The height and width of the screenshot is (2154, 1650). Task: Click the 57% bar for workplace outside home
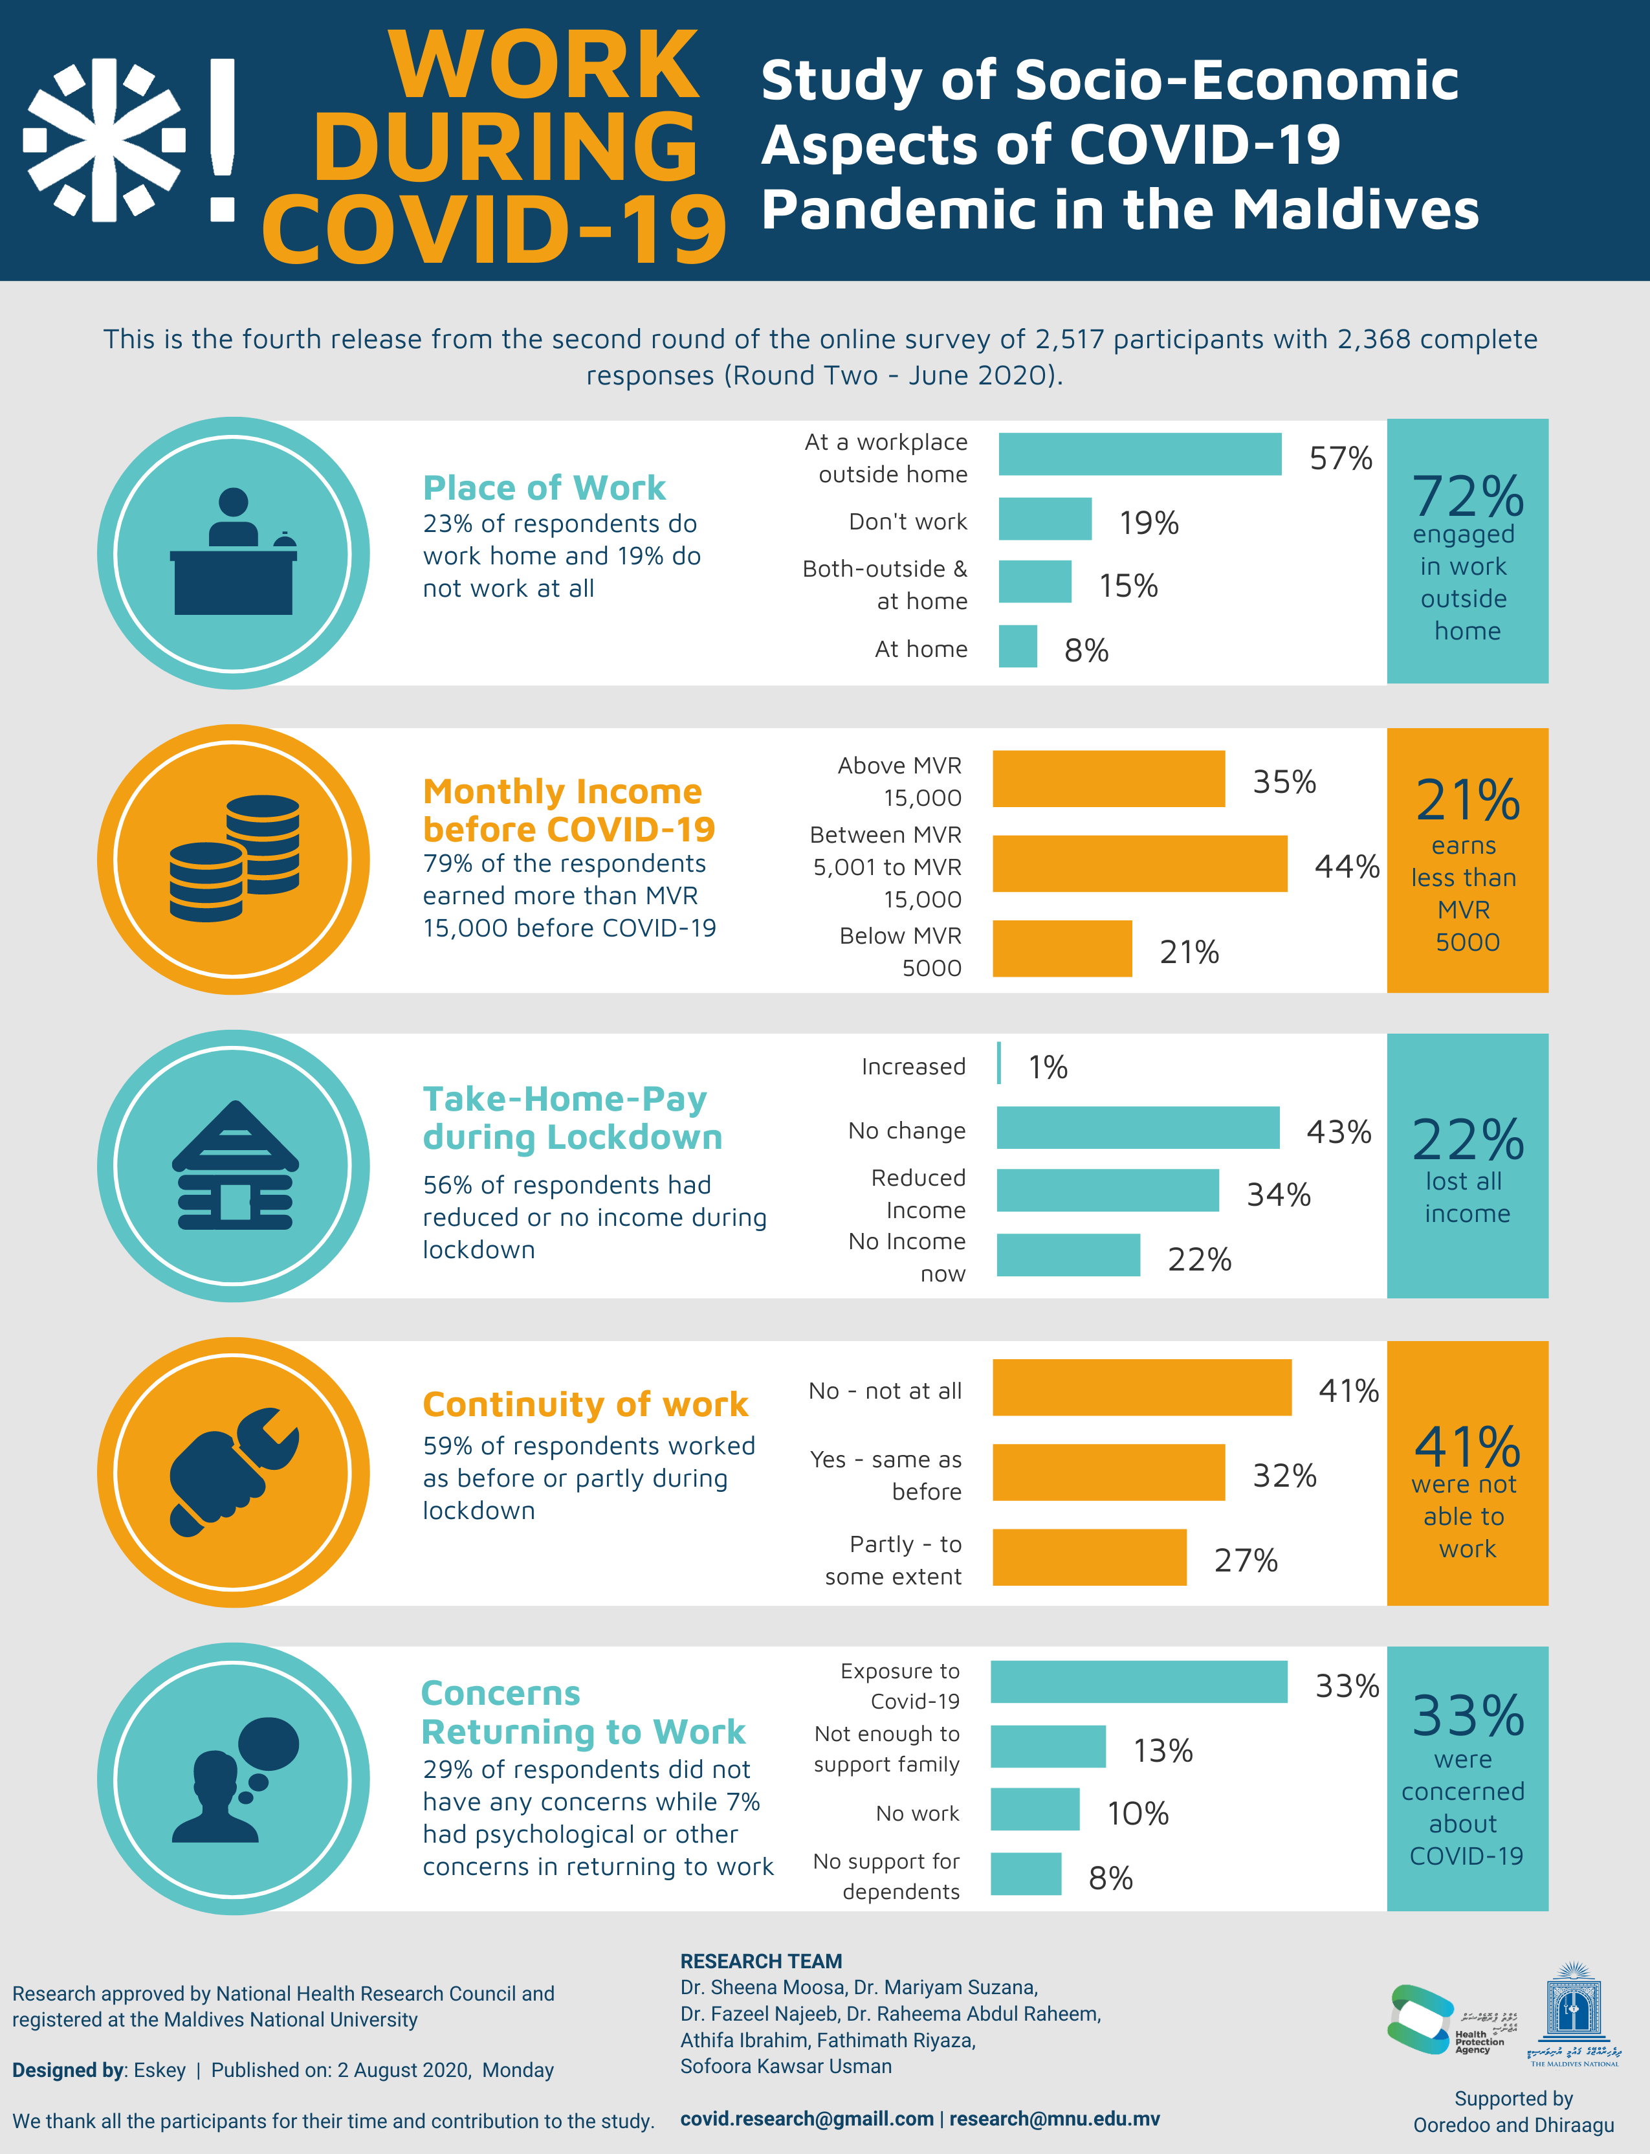pos(1139,454)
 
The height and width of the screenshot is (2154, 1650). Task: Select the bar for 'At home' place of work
pos(1017,647)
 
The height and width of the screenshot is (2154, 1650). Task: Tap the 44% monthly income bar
pos(1139,863)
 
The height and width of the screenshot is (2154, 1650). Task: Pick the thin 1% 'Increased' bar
pos(999,1063)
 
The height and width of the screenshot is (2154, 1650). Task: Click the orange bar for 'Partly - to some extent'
pos(1089,1557)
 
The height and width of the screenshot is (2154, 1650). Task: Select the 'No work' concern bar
pos(1035,1809)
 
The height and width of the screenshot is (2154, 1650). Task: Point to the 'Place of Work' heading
pos(544,487)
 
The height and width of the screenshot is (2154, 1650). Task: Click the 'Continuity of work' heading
pos(586,1404)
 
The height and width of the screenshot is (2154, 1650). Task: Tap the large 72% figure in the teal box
pos(1468,496)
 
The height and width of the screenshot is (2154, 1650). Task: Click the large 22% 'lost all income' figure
pos(1468,1139)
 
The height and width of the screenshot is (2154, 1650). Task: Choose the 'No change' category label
pos(907,1131)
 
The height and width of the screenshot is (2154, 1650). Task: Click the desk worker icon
pos(234,552)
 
